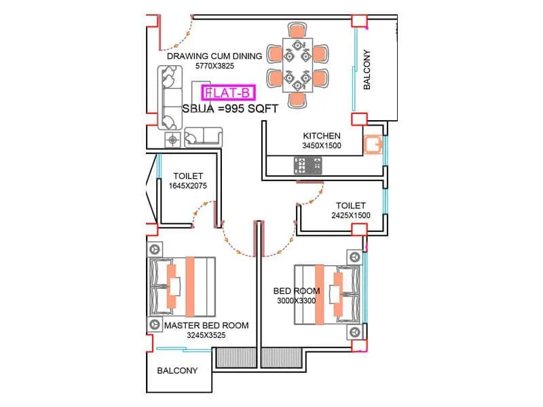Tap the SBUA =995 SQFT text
pos(231,108)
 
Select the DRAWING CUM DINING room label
pos(214,56)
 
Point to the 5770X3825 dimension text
pos(214,66)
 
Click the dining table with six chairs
pos(297,64)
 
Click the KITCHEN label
pos(322,136)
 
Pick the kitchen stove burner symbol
pos(308,163)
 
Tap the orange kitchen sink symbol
pos(373,144)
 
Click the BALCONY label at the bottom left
pos(177,371)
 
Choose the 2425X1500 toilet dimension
pos(350,215)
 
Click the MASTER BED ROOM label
pos(206,326)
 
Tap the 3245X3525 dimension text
pos(206,335)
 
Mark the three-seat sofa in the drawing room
pos(170,98)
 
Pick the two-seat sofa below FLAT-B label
pos(203,138)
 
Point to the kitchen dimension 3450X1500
pos(322,145)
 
